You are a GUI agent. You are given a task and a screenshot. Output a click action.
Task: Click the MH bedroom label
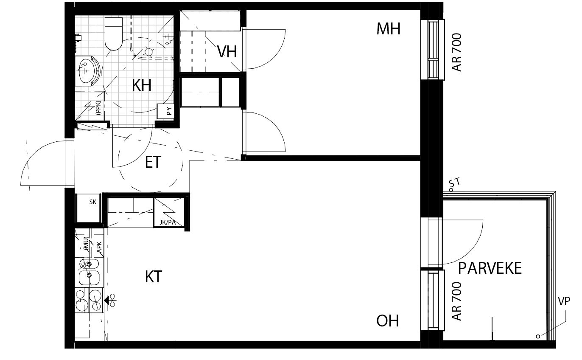coord(388,29)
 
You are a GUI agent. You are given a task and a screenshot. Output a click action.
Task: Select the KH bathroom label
coord(142,85)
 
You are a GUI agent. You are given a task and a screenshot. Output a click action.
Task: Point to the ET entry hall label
coord(153,162)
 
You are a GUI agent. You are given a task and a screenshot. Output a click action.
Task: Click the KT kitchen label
coord(154,276)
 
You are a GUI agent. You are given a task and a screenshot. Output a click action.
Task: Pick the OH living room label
coord(387,321)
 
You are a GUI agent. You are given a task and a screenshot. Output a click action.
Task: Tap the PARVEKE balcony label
coord(490,268)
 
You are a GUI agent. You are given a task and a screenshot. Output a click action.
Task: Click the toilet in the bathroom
coord(114,34)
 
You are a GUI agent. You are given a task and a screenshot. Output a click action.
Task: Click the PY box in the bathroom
coord(165,111)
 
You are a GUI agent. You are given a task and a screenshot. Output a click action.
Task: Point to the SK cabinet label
coord(93,202)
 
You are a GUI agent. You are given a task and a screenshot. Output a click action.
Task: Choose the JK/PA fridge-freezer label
coord(168,222)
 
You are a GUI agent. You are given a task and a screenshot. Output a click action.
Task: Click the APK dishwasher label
coord(99,247)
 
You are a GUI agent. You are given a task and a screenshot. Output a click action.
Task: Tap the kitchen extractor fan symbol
coord(110,301)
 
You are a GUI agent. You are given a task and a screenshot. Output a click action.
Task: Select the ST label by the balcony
coord(454,182)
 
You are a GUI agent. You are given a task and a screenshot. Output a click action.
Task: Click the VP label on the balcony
coord(564,301)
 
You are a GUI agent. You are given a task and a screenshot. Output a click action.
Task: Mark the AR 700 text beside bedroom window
coord(457,52)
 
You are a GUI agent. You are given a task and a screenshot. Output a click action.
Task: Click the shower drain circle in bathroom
coord(148,52)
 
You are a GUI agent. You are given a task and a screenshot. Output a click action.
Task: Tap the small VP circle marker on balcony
coord(538,336)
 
